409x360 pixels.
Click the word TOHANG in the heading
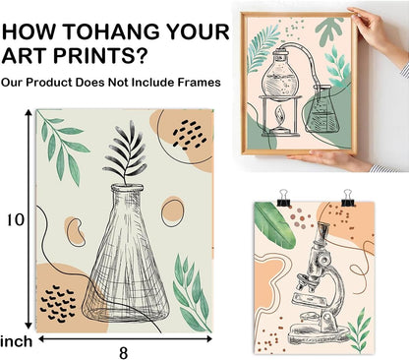pyautogui.click(x=111, y=31)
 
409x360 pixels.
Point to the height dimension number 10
pyautogui.click(x=16, y=219)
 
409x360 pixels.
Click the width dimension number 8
pyautogui.click(x=123, y=353)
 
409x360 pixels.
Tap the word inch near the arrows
pyautogui.click(x=17, y=341)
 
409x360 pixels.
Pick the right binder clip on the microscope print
pyautogui.click(x=348, y=198)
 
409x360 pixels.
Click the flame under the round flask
pyautogui.click(x=279, y=115)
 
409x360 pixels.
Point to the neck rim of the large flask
pyautogui.click(x=127, y=188)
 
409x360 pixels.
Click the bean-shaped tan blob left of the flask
pyautogui.click(x=76, y=231)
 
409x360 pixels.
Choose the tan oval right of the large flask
pyautogui.click(x=172, y=211)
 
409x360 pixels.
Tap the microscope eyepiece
pyautogui.click(x=322, y=229)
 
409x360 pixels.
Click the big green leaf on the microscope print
pyautogui.click(x=274, y=224)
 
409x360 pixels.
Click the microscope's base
pyautogui.click(x=318, y=333)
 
